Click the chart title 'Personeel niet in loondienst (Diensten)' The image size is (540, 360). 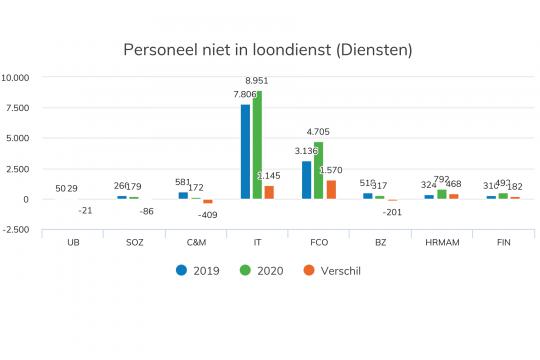(267, 49)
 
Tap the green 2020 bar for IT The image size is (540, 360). (257, 144)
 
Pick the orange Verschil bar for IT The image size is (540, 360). (269, 192)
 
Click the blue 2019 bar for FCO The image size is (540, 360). (307, 180)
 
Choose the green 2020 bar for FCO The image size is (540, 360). (319, 170)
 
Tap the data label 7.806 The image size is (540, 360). (246, 94)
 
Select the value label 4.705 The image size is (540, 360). (319, 132)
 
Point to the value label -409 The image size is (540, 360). (207, 214)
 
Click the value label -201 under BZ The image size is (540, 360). (392, 211)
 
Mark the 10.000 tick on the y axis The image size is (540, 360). (19, 77)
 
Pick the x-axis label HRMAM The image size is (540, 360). (441, 243)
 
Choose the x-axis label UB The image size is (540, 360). (72, 243)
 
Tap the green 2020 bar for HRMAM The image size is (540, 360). (442, 194)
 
